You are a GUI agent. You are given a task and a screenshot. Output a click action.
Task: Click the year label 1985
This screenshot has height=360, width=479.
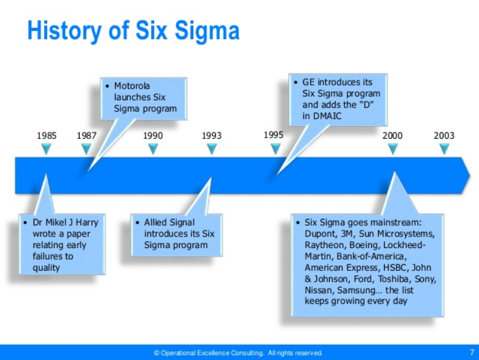(46, 135)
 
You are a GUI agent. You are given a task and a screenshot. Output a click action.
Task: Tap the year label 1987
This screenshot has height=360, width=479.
(87, 135)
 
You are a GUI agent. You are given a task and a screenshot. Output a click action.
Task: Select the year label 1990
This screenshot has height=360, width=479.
(153, 135)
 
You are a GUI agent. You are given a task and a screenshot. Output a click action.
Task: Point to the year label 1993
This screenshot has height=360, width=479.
(212, 135)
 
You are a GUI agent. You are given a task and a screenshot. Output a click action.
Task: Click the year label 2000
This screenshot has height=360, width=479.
(393, 135)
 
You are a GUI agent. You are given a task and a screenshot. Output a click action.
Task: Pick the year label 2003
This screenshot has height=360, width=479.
(444, 135)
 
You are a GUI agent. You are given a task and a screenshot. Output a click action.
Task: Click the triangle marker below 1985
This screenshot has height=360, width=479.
(46, 149)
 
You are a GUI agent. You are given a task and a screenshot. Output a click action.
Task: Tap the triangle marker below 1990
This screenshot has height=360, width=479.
(153, 149)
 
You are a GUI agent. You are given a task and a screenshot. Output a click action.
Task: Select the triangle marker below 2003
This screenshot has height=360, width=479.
(444, 149)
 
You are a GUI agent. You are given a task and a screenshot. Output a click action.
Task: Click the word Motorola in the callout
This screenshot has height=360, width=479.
(132, 86)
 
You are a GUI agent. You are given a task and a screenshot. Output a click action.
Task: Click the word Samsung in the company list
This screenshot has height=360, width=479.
(368, 289)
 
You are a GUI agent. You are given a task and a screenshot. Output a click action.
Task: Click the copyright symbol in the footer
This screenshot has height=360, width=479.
(157, 353)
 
